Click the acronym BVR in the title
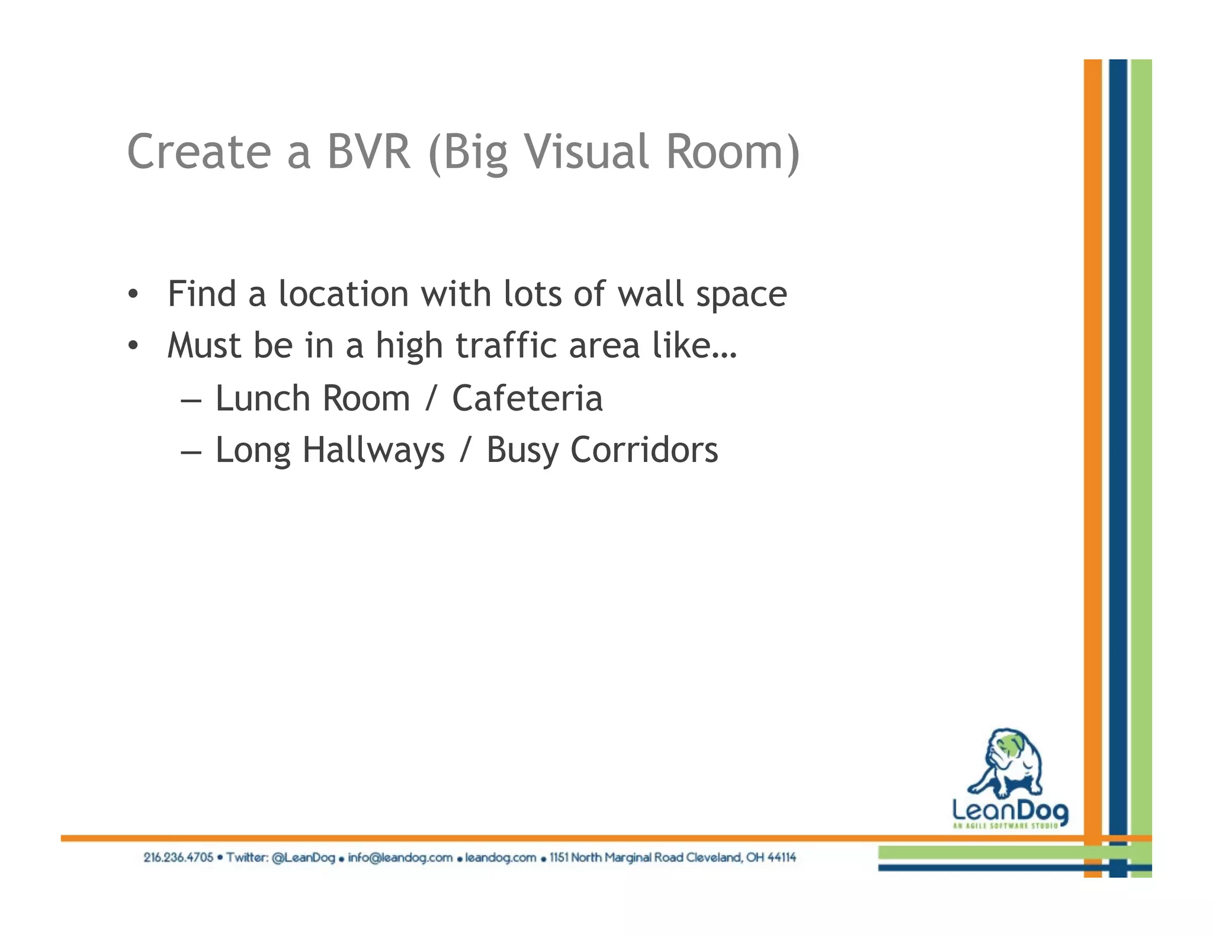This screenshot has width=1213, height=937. click(x=368, y=152)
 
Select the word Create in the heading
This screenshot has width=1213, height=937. click(x=199, y=152)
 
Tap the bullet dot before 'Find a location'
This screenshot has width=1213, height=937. click(x=133, y=294)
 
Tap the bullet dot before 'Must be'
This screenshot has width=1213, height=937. click(x=133, y=345)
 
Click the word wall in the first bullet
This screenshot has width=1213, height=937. click(x=650, y=294)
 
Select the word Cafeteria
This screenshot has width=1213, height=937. click(x=527, y=398)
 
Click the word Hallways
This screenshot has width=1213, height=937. click(x=373, y=450)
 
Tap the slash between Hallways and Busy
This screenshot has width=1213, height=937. click(x=466, y=450)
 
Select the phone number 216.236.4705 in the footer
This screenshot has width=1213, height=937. click(x=178, y=858)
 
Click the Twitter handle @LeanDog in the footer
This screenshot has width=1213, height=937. click(x=303, y=858)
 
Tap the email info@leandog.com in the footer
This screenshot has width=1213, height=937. click(x=400, y=858)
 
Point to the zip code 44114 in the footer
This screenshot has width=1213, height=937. click(x=781, y=858)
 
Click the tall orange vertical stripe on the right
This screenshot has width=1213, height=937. click(x=1093, y=415)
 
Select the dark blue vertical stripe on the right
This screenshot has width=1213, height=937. click(x=1118, y=415)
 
